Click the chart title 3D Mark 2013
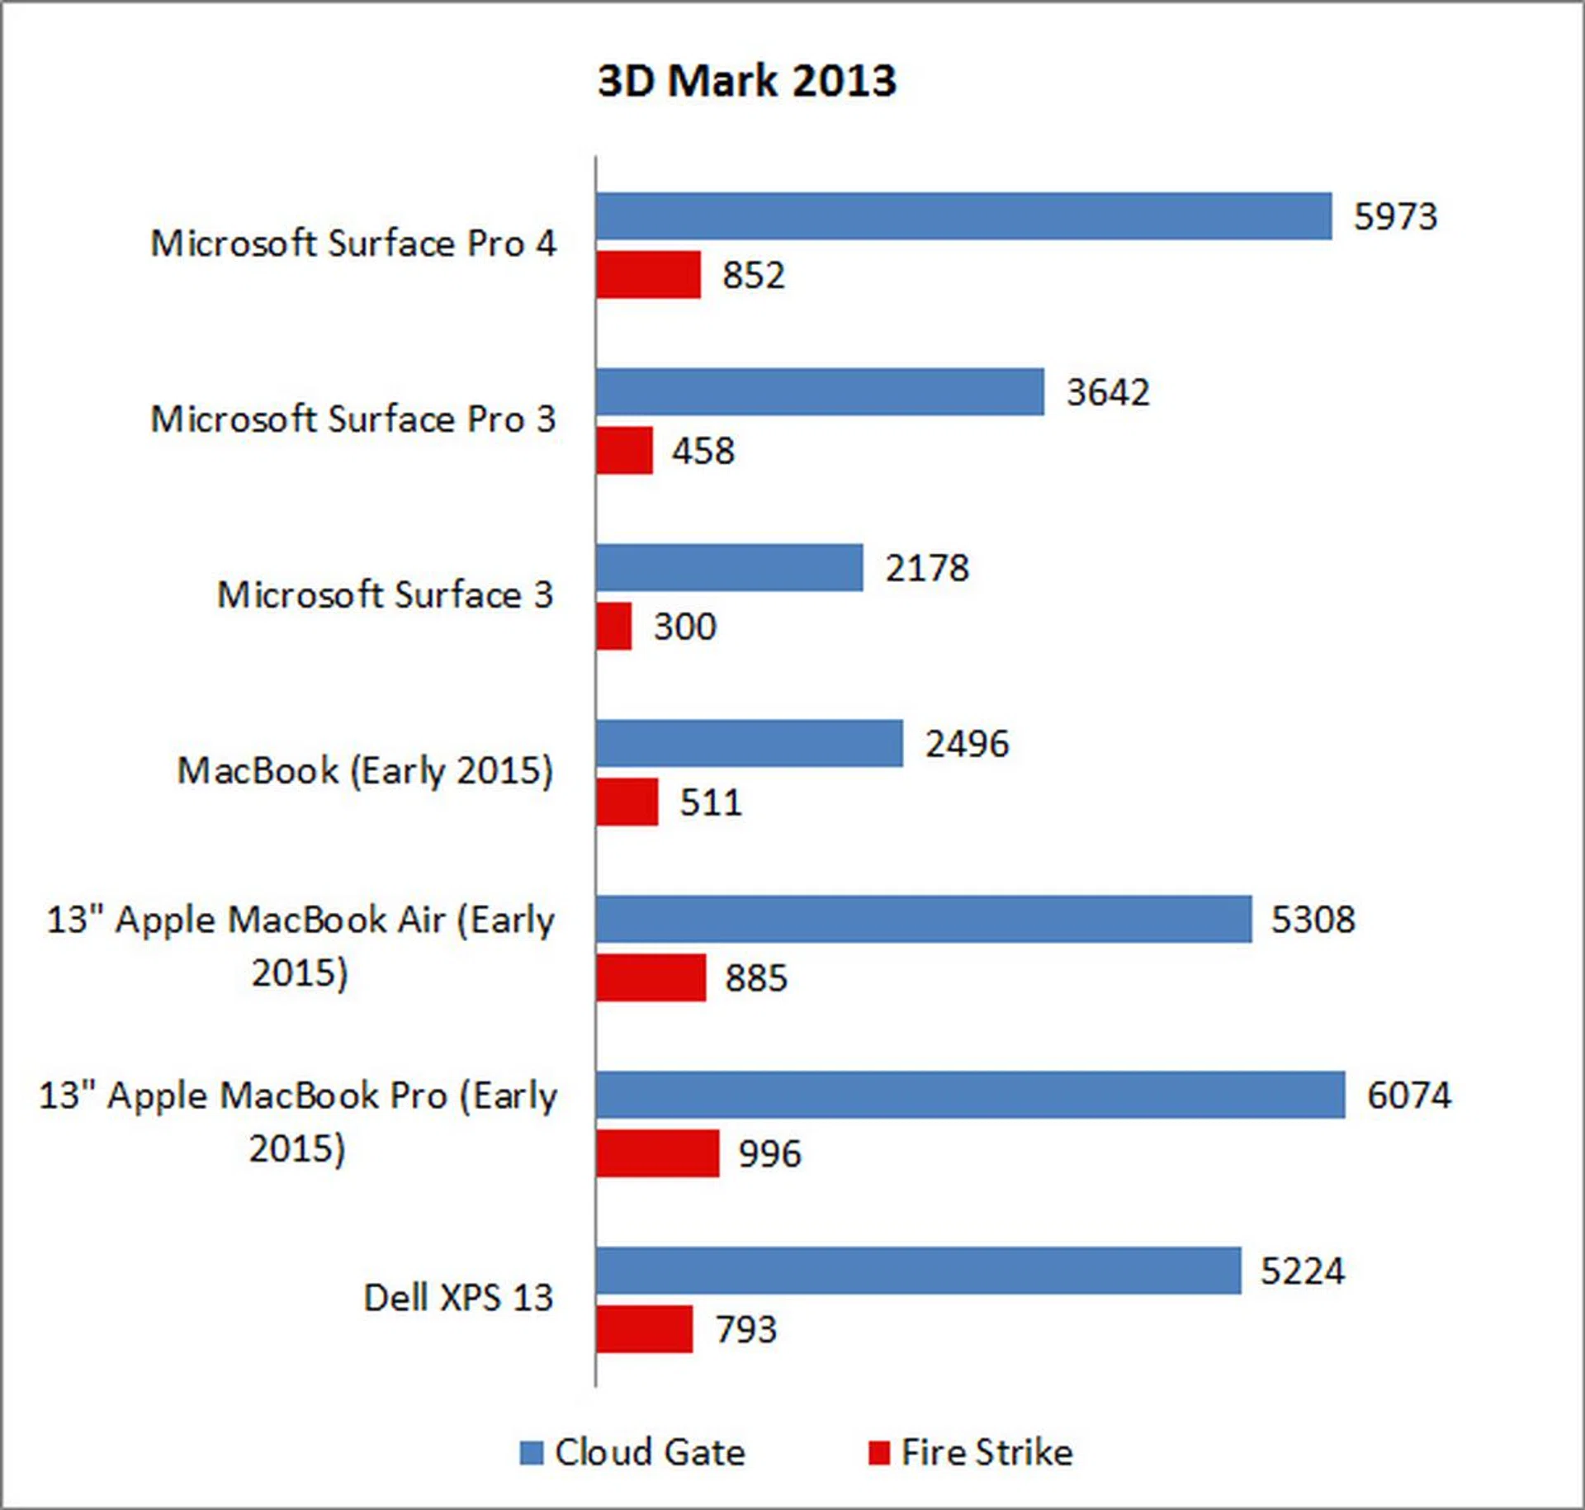(746, 81)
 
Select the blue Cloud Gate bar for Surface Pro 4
(963, 216)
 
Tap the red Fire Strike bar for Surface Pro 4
(648, 275)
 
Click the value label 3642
(1108, 392)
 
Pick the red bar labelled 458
(624, 451)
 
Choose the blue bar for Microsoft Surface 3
(729, 568)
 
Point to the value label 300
(684, 627)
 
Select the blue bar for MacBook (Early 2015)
(749, 744)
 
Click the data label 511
(710, 802)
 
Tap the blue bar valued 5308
(923, 919)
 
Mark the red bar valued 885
(651, 977)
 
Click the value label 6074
(1408, 1096)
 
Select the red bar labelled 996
(657, 1153)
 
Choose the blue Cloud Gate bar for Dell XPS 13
(918, 1271)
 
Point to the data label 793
(745, 1329)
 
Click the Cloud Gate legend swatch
(532, 1453)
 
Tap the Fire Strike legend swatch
(879, 1453)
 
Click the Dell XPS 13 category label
(458, 1298)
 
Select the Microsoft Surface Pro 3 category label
(352, 419)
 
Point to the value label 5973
(1395, 216)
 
